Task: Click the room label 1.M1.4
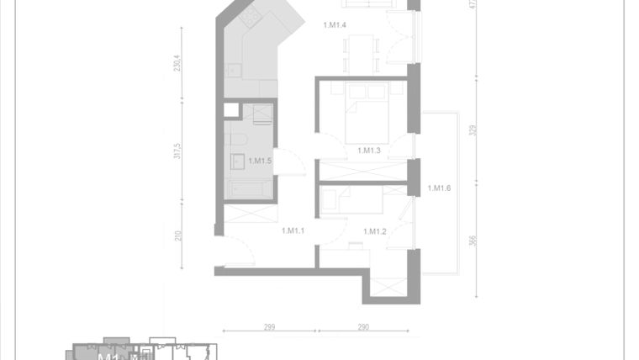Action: point(335,25)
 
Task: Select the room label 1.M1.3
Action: point(369,151)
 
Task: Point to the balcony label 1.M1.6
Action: point(439,188)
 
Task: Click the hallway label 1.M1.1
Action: point(293,230)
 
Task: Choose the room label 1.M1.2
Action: point(374,231)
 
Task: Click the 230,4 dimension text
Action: point(178,64)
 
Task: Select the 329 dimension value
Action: point(473,130)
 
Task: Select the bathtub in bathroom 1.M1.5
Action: point(251,189)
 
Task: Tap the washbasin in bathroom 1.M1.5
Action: point(235,161)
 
